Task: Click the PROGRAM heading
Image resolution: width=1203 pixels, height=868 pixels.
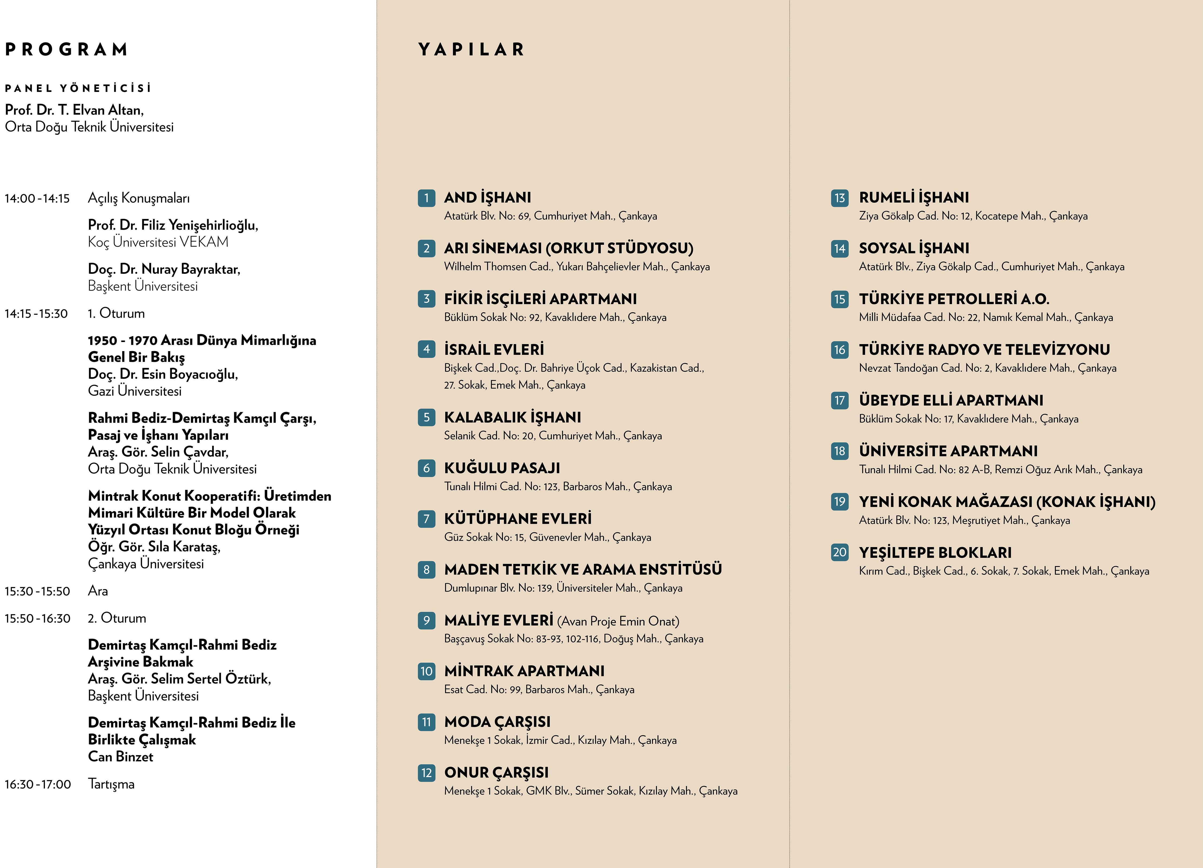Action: tap(66, 49)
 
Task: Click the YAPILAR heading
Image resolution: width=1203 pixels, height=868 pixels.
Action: tap(471, 49)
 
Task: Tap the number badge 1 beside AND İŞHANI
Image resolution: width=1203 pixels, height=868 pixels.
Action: tap(426, 198)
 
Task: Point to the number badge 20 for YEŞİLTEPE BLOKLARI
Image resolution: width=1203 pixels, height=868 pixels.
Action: tap(840, 552)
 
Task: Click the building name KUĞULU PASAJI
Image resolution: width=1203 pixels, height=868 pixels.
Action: tap(502, 468)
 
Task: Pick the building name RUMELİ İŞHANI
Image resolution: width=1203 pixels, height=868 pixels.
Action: tap(913, 197)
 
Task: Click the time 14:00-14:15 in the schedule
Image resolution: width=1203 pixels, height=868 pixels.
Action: tap(37, 198)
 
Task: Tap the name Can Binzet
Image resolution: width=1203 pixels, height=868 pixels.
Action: tap(120, 756)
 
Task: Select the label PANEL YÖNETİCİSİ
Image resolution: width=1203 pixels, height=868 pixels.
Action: tap(78, 88)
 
